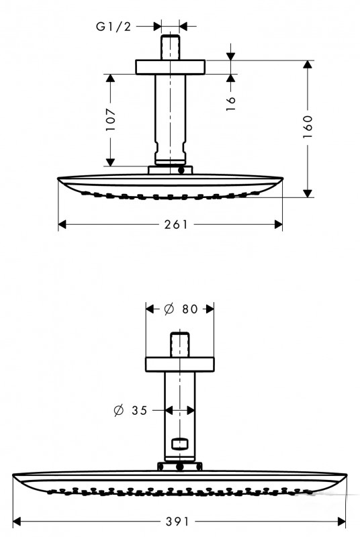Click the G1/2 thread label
114,26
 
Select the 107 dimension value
110,119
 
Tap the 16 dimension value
231,103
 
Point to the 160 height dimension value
308,127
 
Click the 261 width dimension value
177,225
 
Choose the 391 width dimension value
177,522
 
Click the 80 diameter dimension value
190,309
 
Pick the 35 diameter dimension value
140,410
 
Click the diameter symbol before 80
169,309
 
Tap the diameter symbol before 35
118,410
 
